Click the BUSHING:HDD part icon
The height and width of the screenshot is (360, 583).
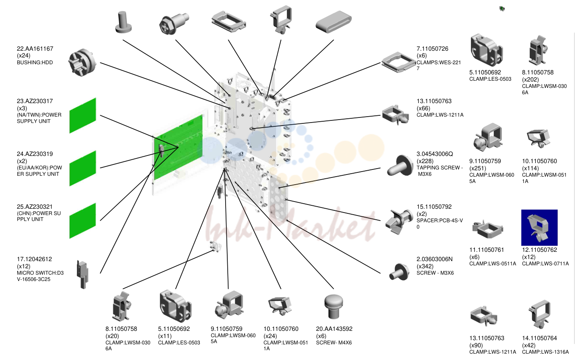point(82,63)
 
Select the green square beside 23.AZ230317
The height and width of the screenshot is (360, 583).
point(82,116)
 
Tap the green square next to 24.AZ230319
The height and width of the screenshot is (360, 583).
point(82,169)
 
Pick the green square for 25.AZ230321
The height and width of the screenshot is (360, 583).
point(82,221)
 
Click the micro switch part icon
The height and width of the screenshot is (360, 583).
point(82,274)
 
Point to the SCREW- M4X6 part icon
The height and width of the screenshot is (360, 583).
point(334,306)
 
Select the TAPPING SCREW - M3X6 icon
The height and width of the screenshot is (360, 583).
point(400,166)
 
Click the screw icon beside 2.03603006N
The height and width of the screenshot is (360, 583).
point(399,272)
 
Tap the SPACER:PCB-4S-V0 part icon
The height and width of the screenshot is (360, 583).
point(399,221)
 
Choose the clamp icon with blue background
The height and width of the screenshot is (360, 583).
point(539,227)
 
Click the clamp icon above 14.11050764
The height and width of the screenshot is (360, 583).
point(539,314)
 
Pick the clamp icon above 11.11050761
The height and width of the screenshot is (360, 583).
point(488,229)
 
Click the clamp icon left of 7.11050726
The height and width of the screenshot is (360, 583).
point(398,62)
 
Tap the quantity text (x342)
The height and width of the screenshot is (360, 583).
point(425,266)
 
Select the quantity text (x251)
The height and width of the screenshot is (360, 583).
point(478,168)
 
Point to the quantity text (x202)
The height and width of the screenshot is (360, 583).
point(531,79)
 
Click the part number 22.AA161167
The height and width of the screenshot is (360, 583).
point(35,49)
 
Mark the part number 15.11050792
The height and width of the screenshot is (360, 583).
point(434,207)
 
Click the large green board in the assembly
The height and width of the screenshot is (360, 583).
point(178,147)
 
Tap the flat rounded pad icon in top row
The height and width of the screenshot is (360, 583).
point(333,22)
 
